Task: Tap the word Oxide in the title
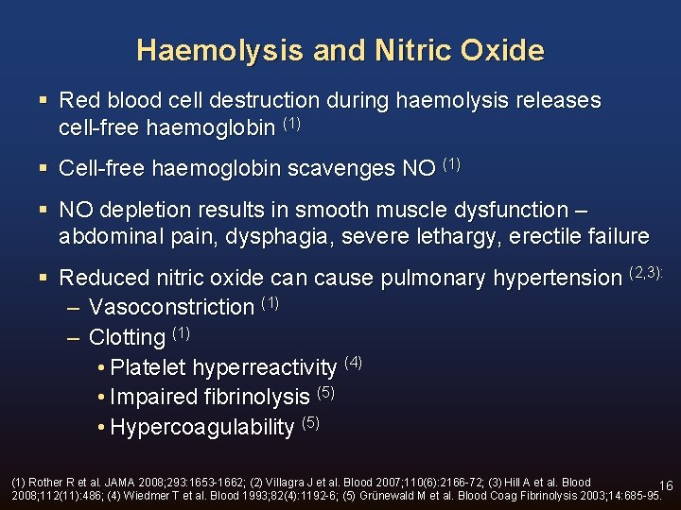coord(503,50)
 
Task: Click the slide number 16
coord(666,485)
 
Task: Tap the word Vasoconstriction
coord(171,307)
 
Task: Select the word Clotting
coord(127,337)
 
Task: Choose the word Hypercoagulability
coord(202,427)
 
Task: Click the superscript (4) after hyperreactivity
coord(353,362)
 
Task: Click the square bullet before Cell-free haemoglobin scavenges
coord(44,169)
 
